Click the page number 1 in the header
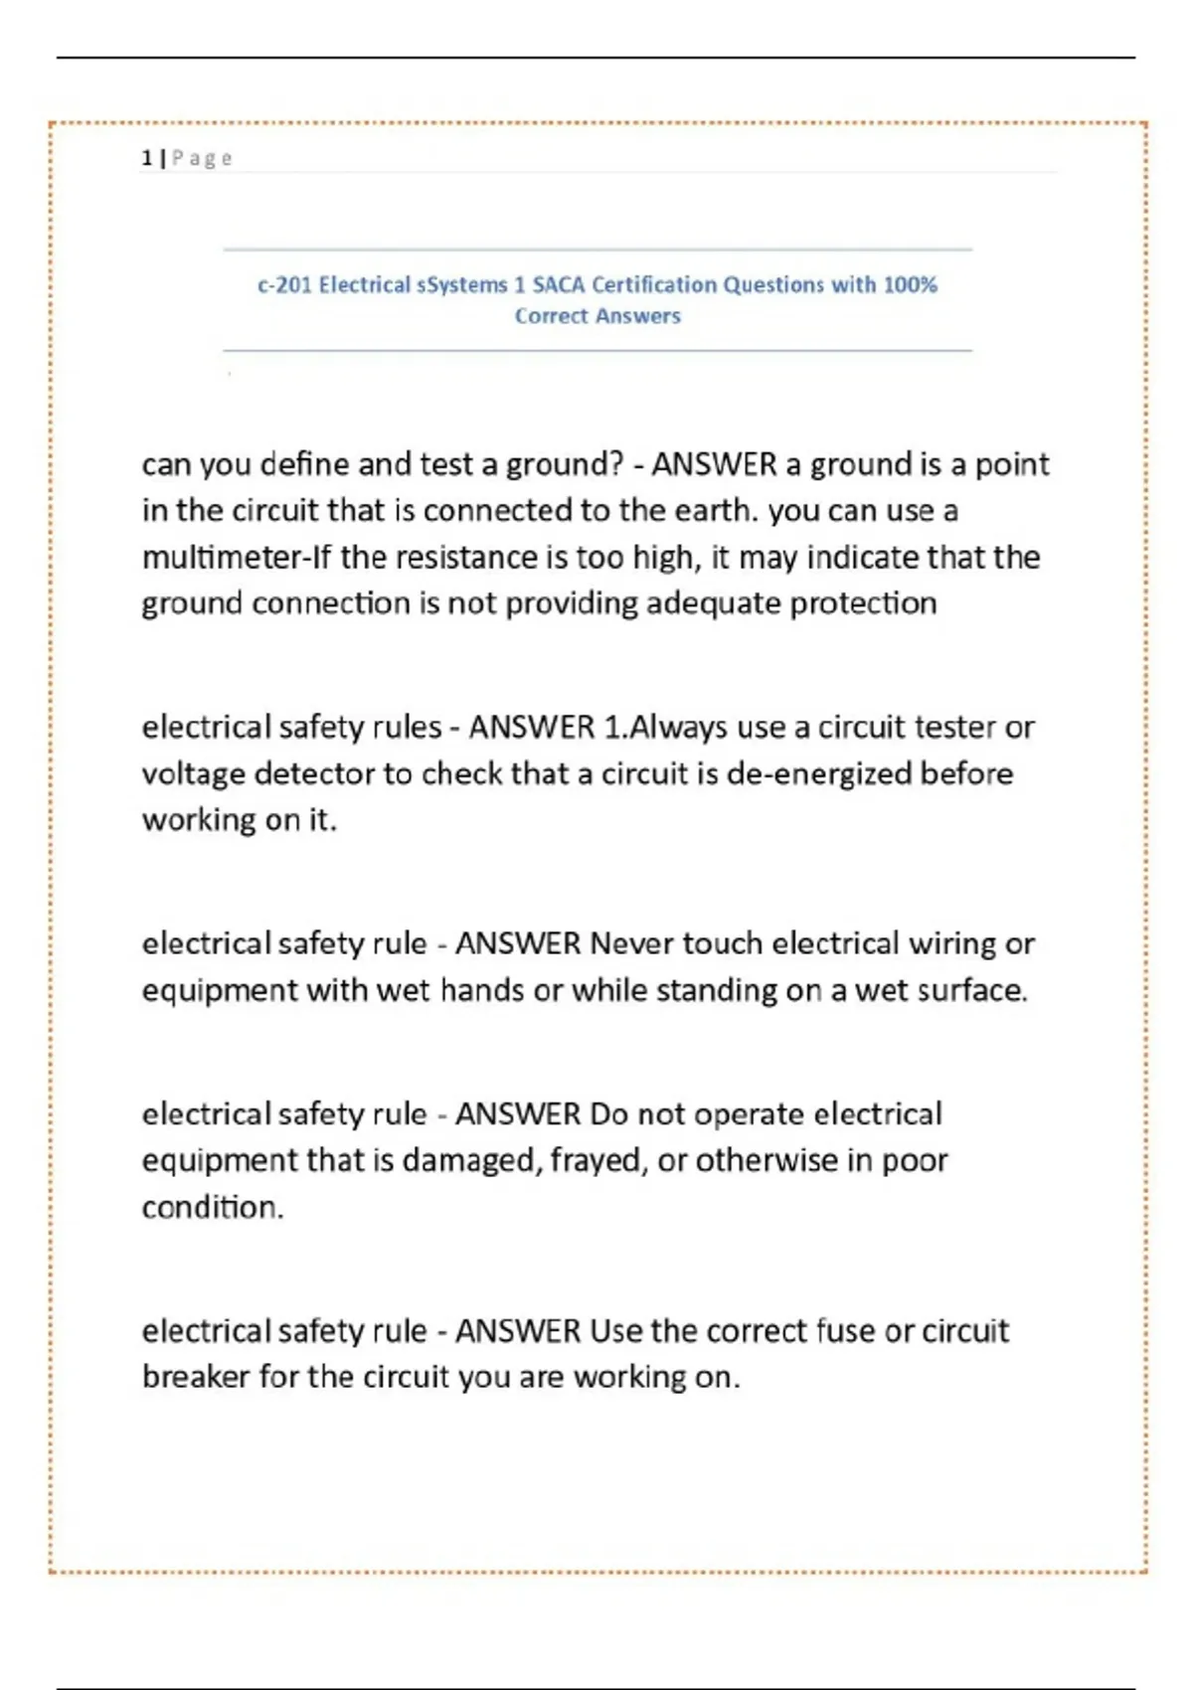click(x=147, y=158)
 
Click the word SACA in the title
click(x=559, y=285)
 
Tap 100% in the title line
click(x=910, y=285)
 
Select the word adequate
click(x=713, y=603)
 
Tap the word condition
click(x=212, y=1207)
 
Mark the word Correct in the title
click(x=551, y=316)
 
